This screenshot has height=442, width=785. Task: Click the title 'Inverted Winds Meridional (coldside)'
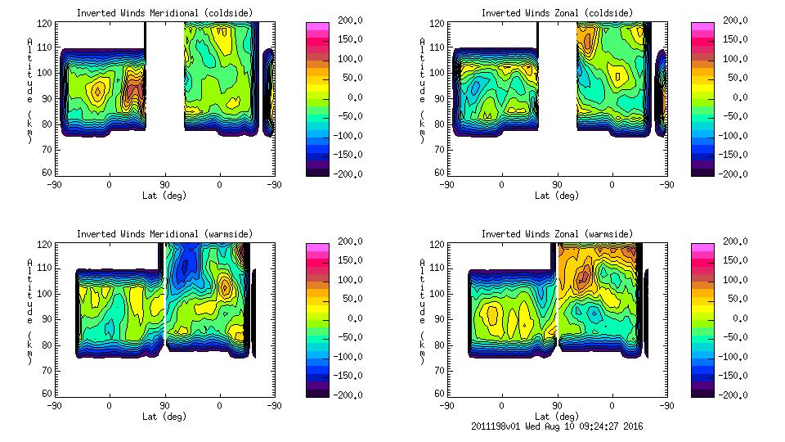164,13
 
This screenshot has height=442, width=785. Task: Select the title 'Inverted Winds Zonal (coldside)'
556,13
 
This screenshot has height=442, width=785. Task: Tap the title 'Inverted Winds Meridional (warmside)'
164,234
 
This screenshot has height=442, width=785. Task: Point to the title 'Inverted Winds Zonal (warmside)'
556,234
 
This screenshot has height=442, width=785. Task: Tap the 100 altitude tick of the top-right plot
439,73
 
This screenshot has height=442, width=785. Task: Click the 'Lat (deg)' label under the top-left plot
164,196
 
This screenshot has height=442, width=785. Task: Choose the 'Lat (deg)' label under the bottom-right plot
556,416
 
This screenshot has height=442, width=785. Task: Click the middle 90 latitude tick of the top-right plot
557,184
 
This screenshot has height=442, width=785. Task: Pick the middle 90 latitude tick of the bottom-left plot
164,405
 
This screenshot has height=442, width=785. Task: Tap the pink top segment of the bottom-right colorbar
702,248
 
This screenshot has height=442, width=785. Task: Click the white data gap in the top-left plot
164,74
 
